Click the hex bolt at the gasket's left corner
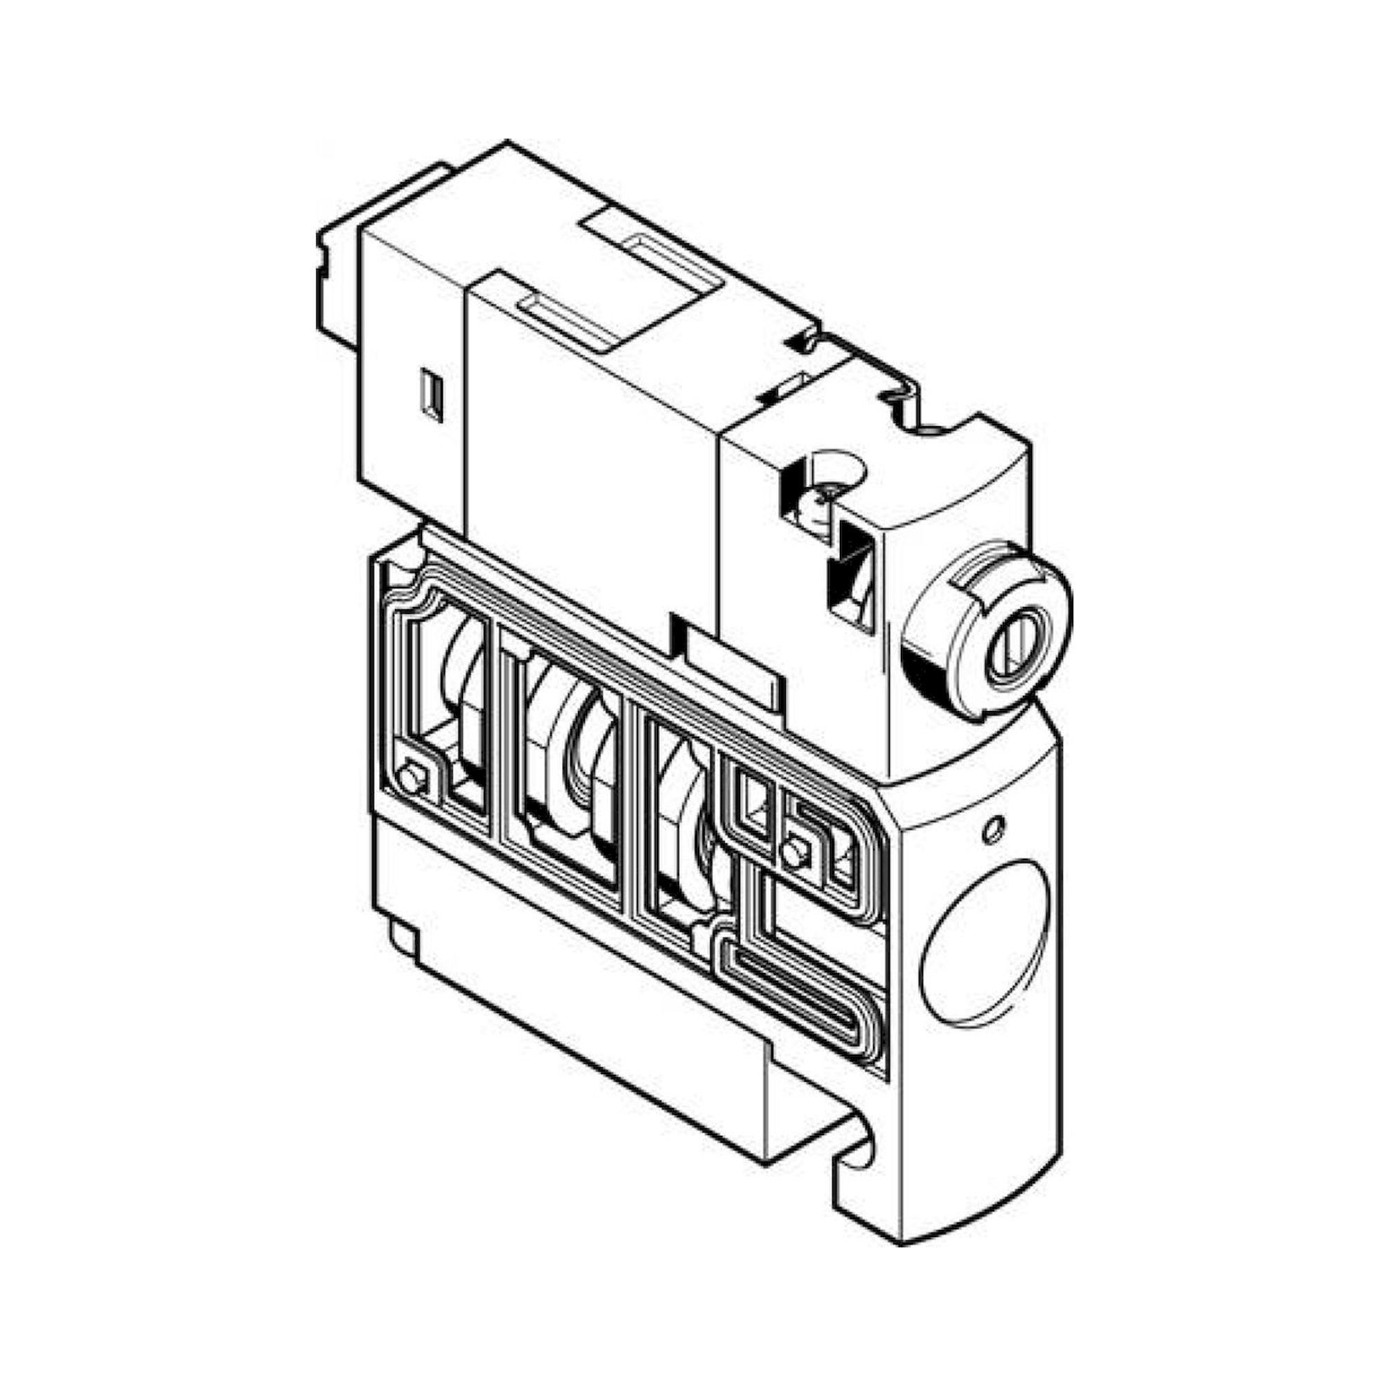(x=411, y=778)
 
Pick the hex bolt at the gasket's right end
(x=792, y=852)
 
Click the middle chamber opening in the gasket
(x=567, y=760)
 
